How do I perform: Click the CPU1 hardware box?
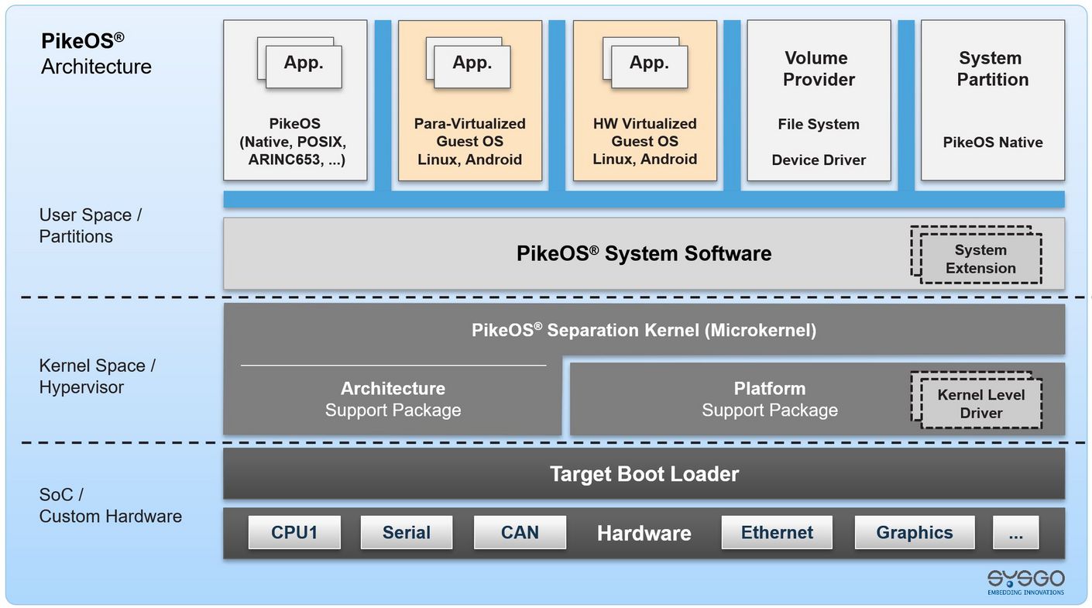point(294,533)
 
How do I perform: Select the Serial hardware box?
point(407,533)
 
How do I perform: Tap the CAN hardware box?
point(520,533)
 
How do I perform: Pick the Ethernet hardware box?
point(777,533)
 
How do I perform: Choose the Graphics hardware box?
point(914,533)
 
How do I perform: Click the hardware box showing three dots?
point(1016,533)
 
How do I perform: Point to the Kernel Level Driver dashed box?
point(980,404)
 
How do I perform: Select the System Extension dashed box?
point(980,259)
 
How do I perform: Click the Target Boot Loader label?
point(644,474)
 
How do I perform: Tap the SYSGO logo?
point(1025,582)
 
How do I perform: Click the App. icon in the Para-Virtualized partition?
point(471,64)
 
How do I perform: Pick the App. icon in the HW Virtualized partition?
point(647,64)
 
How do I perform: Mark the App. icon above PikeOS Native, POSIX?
point(302,64)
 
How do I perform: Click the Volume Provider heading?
point(819,69)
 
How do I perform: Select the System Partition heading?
point(992,69)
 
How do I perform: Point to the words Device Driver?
point(819,160)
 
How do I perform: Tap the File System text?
point(819,125)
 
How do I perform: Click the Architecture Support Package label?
point(393,400)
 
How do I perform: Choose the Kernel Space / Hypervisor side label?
point(98,376)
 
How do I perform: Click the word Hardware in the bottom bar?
point(644,534)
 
